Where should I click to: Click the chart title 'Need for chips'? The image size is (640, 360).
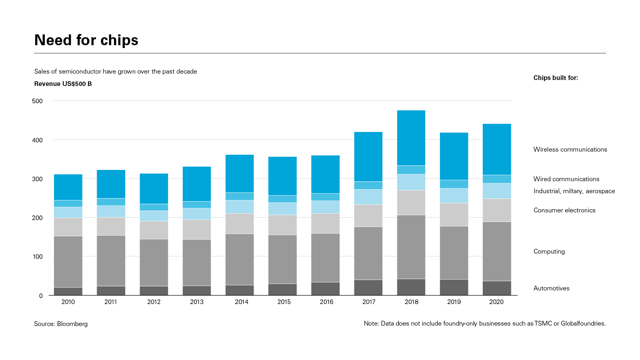(x=86, y=40)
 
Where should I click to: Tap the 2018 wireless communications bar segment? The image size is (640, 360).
(x=411, y=138)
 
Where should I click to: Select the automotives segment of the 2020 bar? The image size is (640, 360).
(x=497, y=288)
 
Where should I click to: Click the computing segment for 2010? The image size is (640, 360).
(x=68, y=262)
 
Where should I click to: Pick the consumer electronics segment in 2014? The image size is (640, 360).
(x=240, y=224)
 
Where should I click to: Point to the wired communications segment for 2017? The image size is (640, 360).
(x=368, y=185)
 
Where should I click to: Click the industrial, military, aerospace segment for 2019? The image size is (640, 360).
(x=454, y=196)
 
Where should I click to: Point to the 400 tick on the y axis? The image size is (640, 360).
(x=37, y=140)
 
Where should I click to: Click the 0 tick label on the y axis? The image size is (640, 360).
(x=41, y=296)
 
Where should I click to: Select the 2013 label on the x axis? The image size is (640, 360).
(x=197, y=302)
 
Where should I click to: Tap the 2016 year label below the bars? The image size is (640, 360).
(x=326, y=302)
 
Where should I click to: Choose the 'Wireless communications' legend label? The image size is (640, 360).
(x=570, y=150)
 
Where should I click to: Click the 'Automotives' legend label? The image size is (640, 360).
(x=551, y=288)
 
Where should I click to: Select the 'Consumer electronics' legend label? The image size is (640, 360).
(x=564, y=210)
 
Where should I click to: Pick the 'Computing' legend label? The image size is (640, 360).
(x=549, y=252)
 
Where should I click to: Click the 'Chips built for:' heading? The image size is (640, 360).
(x=556, y=78)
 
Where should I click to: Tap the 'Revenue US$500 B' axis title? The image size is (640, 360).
(x=63, y=84)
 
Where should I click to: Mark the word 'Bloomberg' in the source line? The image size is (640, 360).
(x=72, y=324)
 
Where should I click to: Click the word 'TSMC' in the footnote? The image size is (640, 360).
(x=543, y=324)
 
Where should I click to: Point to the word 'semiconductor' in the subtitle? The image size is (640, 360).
(x=80, y=72)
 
